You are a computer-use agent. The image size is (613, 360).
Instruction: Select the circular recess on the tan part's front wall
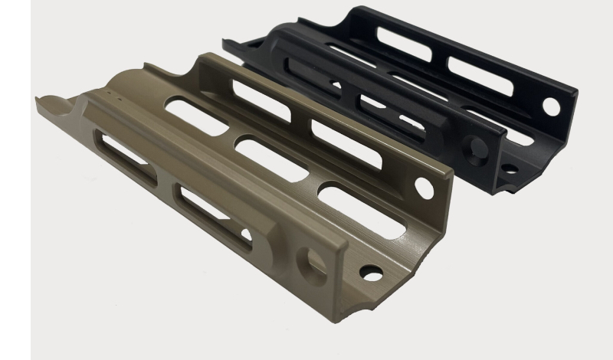(315, 260)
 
